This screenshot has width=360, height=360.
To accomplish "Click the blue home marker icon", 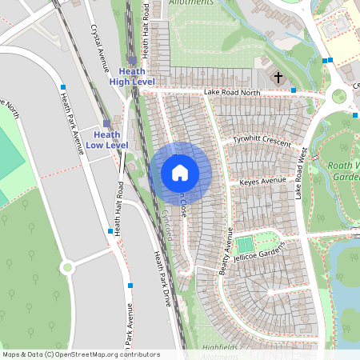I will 180,172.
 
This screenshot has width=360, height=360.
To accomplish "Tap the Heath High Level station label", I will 132,76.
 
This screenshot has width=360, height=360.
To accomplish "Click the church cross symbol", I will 278,78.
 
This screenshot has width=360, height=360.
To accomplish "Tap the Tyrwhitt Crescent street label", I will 262,140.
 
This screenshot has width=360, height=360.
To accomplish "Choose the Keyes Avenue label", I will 262,182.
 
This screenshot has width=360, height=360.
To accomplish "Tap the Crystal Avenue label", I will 100,48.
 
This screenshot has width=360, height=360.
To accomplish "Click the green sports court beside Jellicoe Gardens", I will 244,242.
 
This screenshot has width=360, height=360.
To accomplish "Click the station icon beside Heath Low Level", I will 106,122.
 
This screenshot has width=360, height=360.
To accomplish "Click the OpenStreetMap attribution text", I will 80,354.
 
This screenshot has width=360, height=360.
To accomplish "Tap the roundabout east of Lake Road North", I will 339,96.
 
